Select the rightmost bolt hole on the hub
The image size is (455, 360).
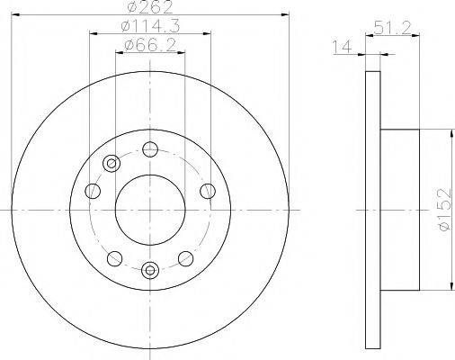click(x=208, y=189)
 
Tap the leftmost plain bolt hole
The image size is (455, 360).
click(x=93, y=190)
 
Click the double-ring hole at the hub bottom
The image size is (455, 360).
click(x=150, y=267)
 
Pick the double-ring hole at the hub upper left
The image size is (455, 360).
click(x=112, y=163)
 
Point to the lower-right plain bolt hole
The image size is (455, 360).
click(x=186, y=258)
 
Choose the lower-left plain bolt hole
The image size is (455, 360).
click(x=112, y=258)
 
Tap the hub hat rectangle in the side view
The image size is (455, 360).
click(x=399, y=209)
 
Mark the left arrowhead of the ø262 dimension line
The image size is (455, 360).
click(x=16, y=14)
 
